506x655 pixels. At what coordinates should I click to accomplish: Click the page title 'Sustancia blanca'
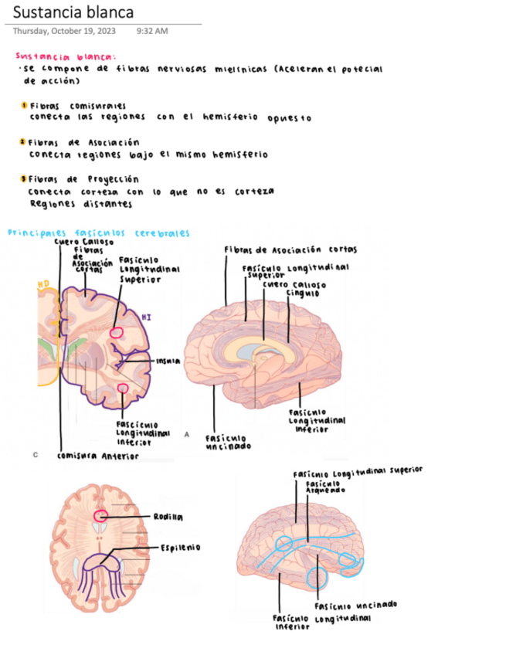[x=73, y=13]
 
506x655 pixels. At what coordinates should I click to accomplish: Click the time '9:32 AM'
[x=151, y=32]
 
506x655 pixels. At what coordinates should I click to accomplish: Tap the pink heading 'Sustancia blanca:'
[x=66, y=56]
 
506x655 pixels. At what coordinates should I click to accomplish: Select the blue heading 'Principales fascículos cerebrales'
[x=98, y=232]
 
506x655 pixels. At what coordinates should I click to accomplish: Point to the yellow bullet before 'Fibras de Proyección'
[x=24, y=179]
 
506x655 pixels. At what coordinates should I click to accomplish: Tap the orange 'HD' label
[x=43, y=285]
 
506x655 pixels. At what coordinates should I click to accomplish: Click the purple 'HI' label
[x=147, y=316]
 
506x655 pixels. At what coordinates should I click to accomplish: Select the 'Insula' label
[x=168, y=361]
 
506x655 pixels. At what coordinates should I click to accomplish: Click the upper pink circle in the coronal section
[x=117, y=333]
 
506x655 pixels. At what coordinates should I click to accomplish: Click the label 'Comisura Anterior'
[x=98, y=456]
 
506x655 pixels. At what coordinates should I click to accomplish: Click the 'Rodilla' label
[x=168, y=516]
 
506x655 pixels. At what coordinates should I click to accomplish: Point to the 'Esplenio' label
[x=180, y=547]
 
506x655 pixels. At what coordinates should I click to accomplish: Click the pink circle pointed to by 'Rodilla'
[x=101, y=515]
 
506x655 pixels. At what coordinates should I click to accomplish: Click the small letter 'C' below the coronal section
[x=36, y=455]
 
